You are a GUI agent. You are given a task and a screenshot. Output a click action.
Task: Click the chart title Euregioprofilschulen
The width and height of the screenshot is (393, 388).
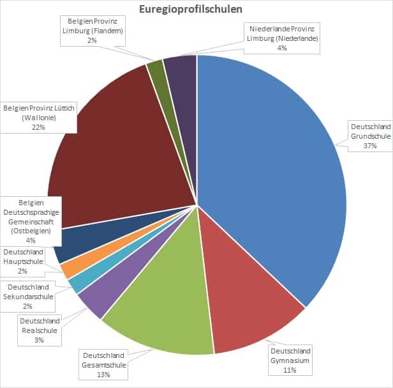pos(196,9)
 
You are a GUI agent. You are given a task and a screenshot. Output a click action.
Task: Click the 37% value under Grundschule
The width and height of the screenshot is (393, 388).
pos(370,146)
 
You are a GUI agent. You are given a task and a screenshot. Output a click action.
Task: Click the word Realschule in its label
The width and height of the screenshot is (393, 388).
pos(40,330)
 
